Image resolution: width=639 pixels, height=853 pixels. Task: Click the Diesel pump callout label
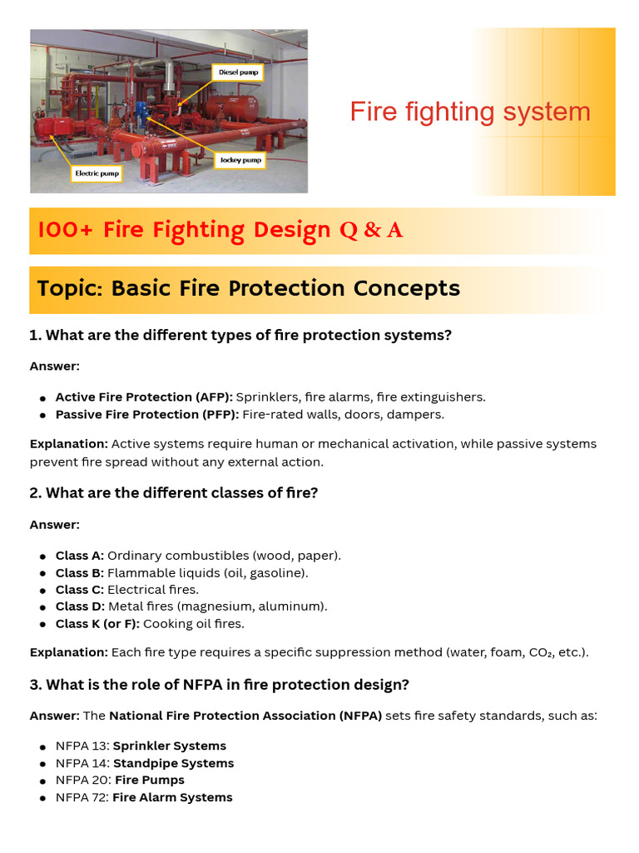[x=239, y=72]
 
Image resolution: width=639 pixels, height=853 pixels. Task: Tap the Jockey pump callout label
[x=240, y=159]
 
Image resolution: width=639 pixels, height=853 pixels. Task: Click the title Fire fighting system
[x=470, y=112]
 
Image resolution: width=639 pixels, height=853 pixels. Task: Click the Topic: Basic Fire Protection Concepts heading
[x=248, y=288]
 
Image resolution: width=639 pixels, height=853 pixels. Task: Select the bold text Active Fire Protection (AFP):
[x=144, y=397]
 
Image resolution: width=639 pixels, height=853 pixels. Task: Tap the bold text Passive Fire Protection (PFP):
[x=147, y=414]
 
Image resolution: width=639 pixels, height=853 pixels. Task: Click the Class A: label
[x=80, y=556]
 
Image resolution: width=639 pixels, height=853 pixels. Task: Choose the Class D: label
[x=80, y=606]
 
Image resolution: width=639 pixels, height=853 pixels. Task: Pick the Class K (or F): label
[x=97, y=624]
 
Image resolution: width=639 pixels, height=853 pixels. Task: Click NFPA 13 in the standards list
[x=82, y=746]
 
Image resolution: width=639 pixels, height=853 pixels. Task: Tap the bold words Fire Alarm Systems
[x=172, y=798]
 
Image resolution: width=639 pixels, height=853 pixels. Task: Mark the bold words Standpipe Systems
[x=173, y=764]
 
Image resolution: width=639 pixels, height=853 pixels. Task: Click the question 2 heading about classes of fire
[x=174, y=493]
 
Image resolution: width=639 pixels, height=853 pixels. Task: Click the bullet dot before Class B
[x=42, y=574]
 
